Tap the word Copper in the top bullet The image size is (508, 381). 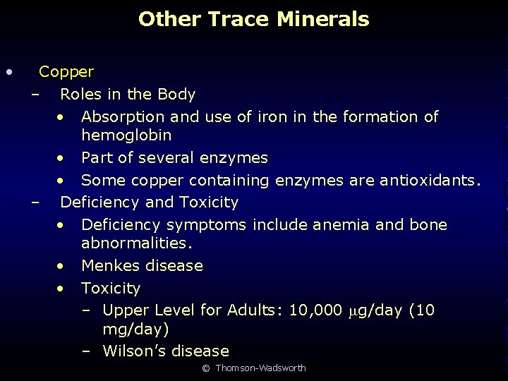click(x=66, y=72)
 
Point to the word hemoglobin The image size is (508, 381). click(x=126, y=135)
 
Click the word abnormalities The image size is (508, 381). click(x=137, y=243)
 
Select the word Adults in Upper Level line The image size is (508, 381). click(x=252, y=310)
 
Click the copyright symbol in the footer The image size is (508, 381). click(x=206, y=368)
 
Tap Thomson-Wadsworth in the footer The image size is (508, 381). click(x=260, y=368)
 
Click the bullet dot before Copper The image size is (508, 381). click(x=8, y=72)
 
